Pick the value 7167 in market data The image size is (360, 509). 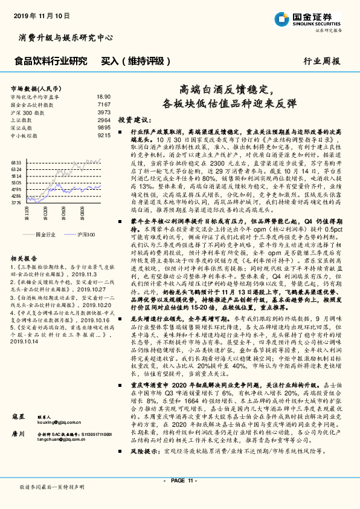(104, 105)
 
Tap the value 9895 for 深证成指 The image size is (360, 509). (104, 128)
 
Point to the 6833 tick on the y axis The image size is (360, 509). (16, 162)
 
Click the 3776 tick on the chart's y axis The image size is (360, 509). (16, 204)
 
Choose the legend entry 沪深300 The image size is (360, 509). (87, 233)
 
